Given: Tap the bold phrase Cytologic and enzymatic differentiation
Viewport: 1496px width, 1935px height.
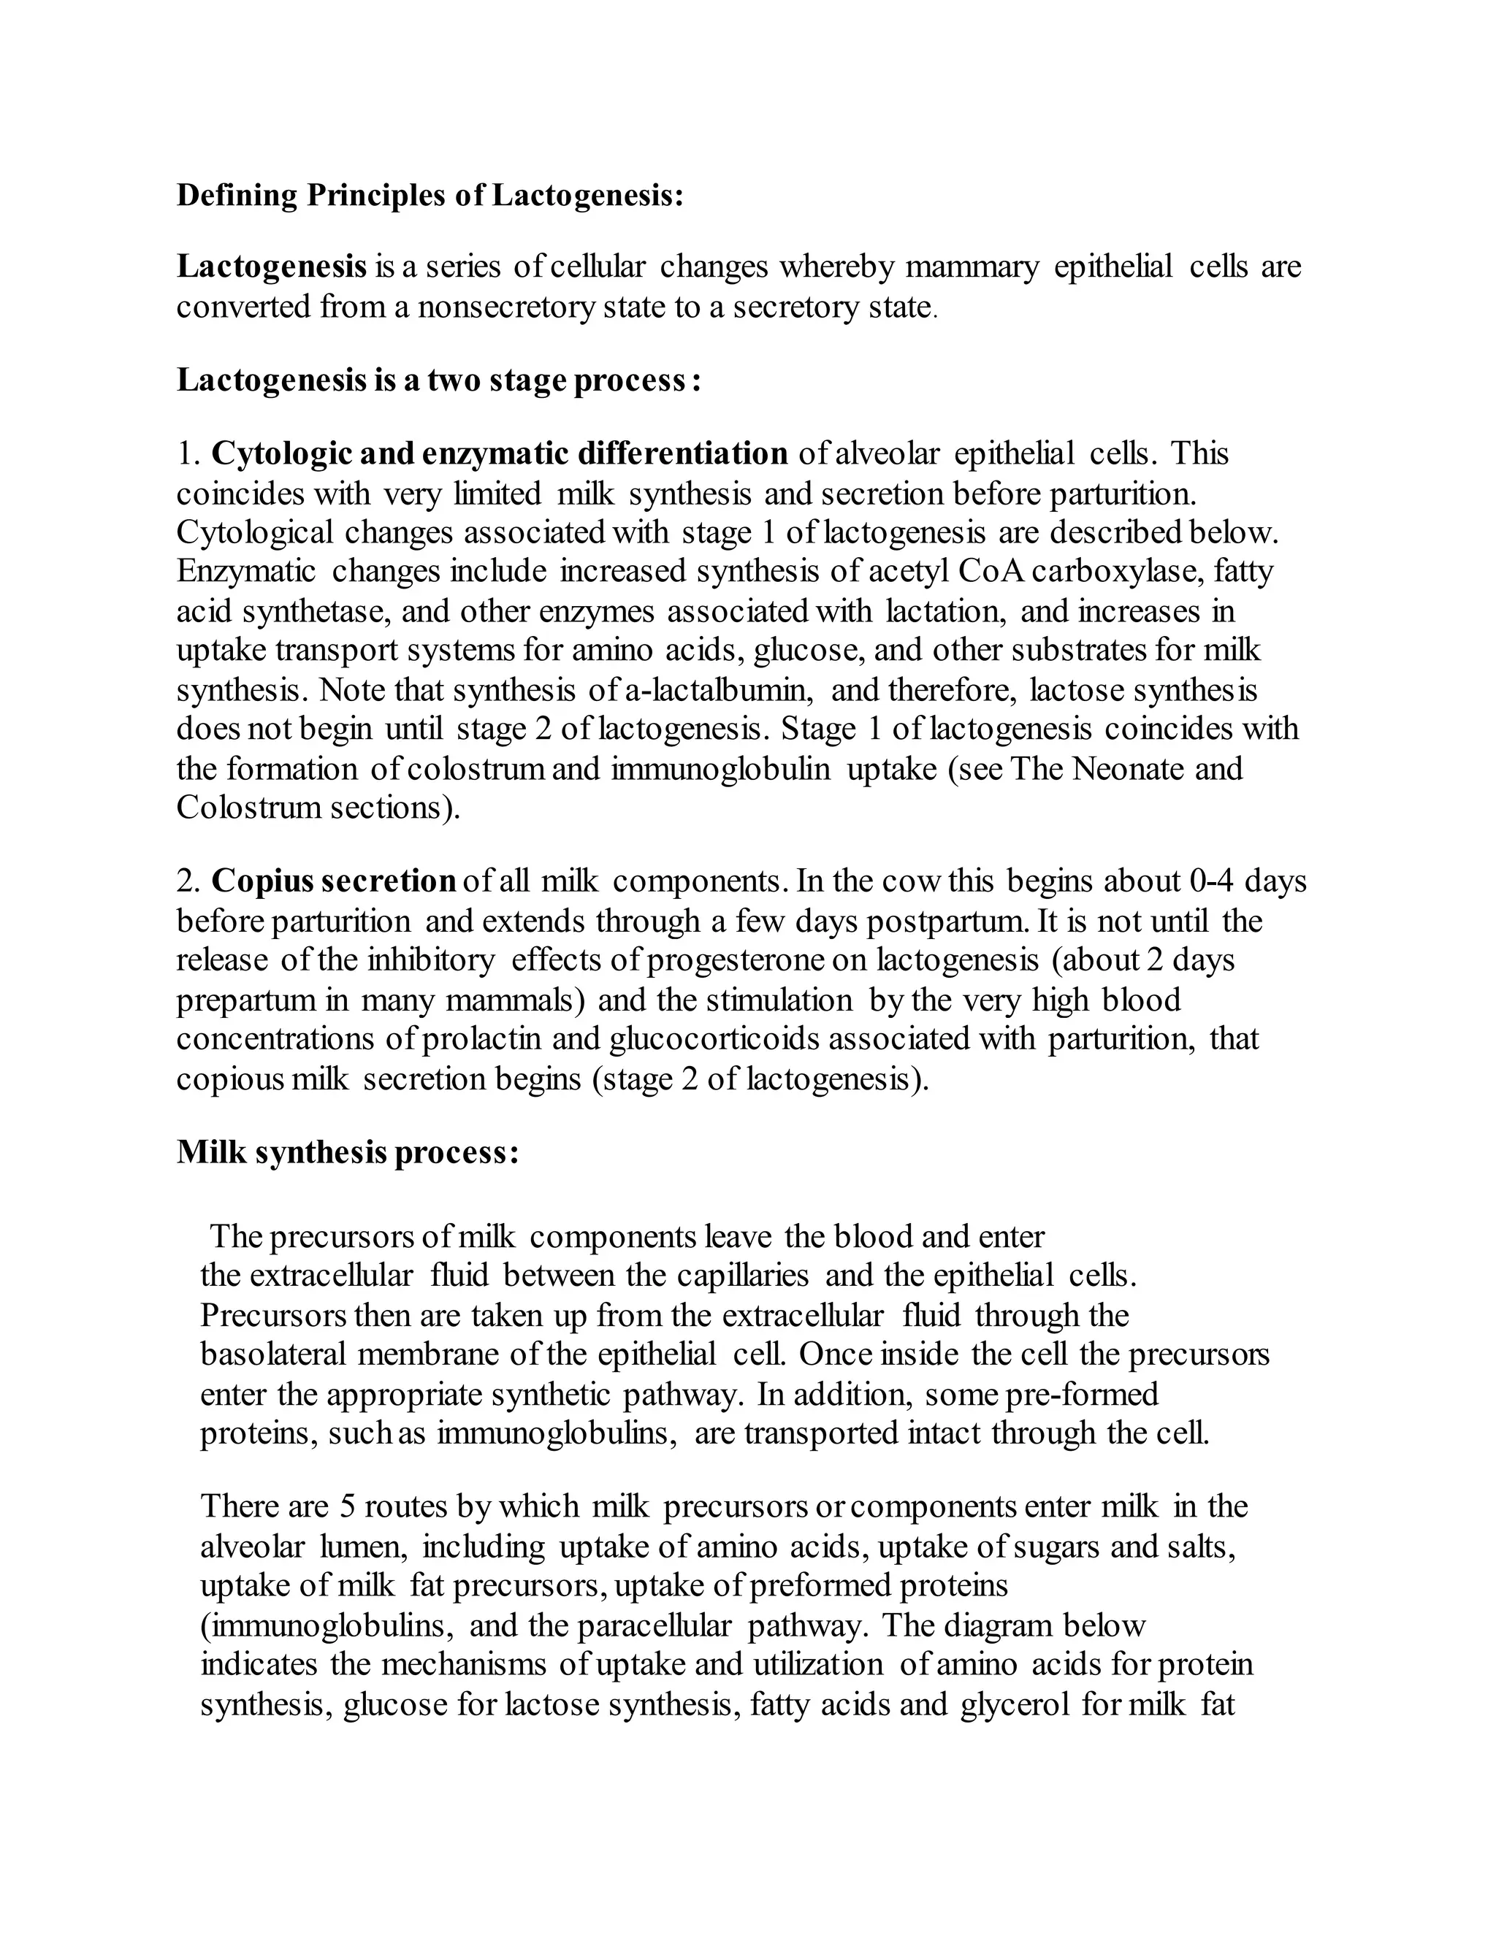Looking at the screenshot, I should click(x=499, y=453).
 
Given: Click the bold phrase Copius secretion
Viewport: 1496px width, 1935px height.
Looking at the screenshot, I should click(x=333, y=881).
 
